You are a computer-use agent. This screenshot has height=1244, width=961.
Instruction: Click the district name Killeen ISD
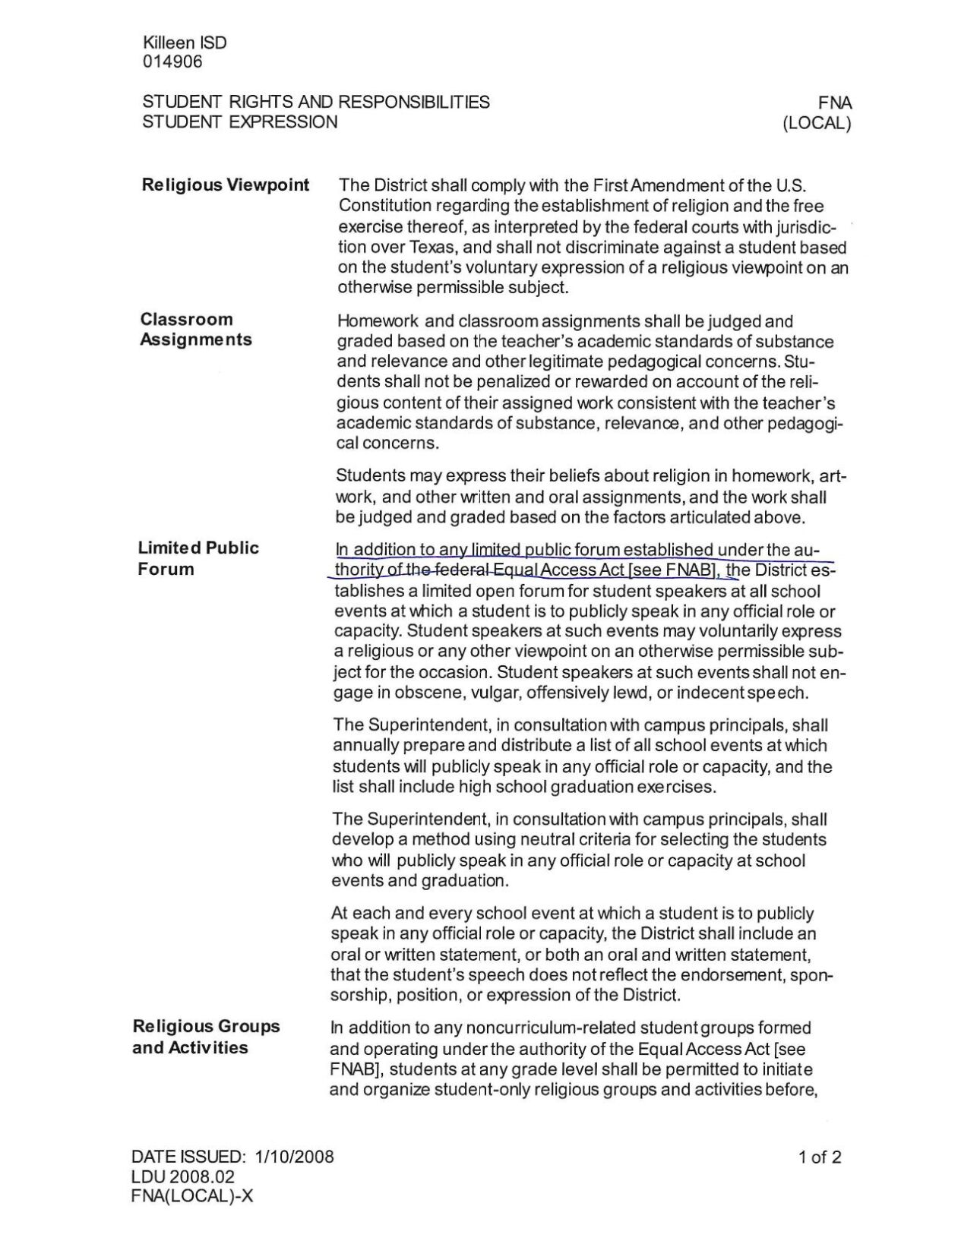click(184, 43)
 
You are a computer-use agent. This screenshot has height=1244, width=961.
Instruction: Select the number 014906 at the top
click(172, 62)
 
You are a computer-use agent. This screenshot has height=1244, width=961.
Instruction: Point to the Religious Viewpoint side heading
click(226, 185)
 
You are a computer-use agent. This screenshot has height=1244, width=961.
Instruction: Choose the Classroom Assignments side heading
click(195, 330)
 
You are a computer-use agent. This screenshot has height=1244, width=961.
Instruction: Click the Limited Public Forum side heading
click(198, 558)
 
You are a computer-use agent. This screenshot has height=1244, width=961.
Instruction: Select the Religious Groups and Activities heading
click(206, 1037)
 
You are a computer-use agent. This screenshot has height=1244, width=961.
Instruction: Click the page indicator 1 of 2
click(820, 1157)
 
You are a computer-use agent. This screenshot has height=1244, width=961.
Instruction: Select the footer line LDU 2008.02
click(183, 1176)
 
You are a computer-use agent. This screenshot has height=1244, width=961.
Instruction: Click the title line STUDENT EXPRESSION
click(240, 122)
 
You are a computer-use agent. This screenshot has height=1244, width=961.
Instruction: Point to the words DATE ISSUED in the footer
click(188, 1157)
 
